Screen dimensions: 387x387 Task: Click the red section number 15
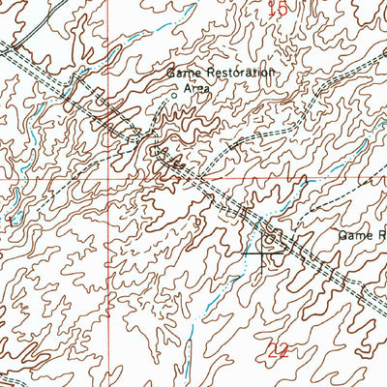click(x=279, y=9)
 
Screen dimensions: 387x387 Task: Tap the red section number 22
click(x=278, y=352)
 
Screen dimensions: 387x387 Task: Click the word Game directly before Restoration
click(x=183, y=72)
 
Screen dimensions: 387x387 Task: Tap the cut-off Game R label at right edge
click(x=362, y=235)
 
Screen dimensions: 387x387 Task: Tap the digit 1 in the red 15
click(x=272, y=9)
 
